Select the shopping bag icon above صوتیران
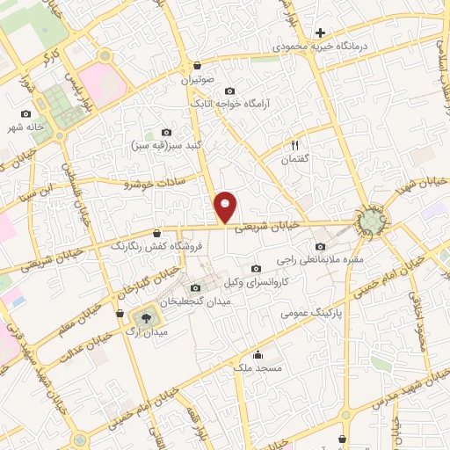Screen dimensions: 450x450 coord(197,65)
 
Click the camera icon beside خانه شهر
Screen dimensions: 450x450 coord(26,113)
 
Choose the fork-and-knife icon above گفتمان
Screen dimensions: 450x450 coord(295,146)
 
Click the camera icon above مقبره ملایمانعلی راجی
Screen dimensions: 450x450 coord(320,247)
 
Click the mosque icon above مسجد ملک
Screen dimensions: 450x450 coord(258,355)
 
